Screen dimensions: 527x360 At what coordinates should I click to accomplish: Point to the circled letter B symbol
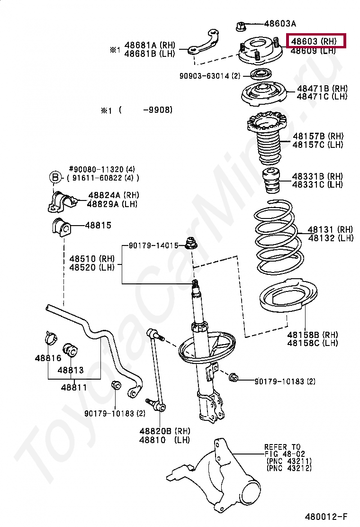55,178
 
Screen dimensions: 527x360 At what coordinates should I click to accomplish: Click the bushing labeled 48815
60,227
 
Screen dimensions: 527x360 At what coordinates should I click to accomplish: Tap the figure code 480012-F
325,516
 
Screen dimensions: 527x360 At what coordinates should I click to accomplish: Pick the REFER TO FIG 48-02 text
282,450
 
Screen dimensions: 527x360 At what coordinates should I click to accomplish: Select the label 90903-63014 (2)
210,76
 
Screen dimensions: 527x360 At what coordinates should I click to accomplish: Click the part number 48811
73,387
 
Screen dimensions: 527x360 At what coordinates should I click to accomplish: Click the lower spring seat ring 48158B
283,303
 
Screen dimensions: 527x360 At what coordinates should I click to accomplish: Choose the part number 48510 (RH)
92,259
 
